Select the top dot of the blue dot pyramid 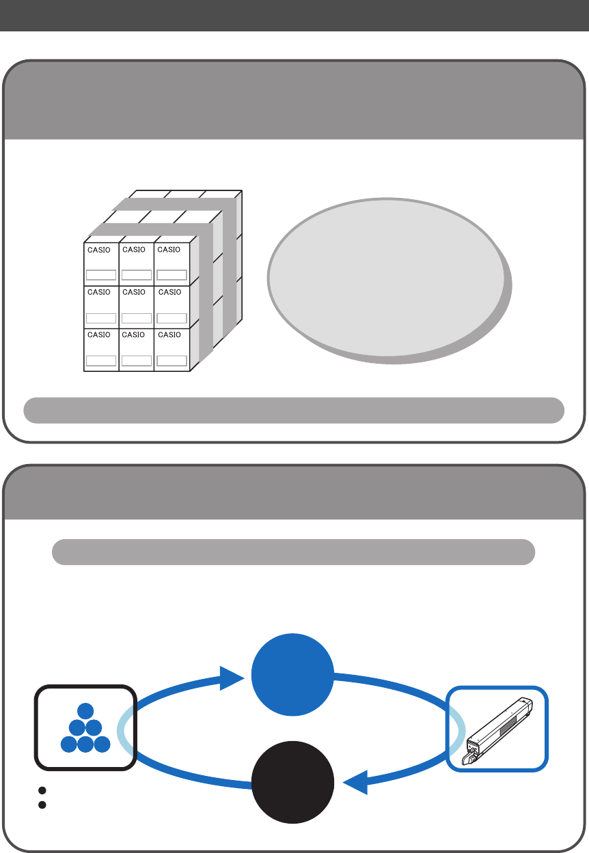[85, 710]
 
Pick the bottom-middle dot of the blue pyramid [85, 744]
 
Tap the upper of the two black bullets [42, 790]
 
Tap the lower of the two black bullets [42, 805]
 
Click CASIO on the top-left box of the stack [99, 250]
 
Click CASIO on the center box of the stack [134, 292]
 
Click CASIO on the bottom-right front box [169, 335]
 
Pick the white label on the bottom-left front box [101, 360]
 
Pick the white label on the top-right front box [172, 275]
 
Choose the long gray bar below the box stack [294, 409]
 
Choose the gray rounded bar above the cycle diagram [294, 552]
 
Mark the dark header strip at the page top [294, 15]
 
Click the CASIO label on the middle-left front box [99, 292]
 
